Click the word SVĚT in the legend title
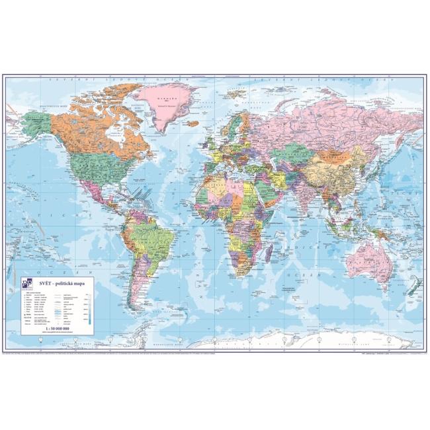[x=47, y=282]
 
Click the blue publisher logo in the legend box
[x=26, y=284]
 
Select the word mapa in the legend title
[x=83, y=282]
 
